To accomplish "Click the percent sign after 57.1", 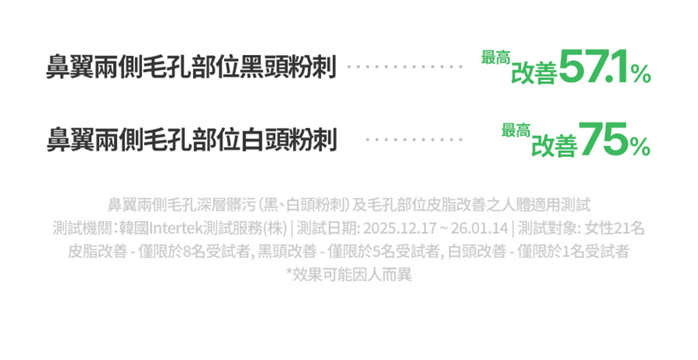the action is point(640,73).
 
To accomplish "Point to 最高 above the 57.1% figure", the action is point(495,57).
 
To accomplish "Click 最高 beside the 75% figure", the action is point(516,131).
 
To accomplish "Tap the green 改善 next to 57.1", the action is point(534,73).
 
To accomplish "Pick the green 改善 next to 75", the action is point(554,145).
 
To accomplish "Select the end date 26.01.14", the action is point(484,228).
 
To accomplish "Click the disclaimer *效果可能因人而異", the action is point(349,275).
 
